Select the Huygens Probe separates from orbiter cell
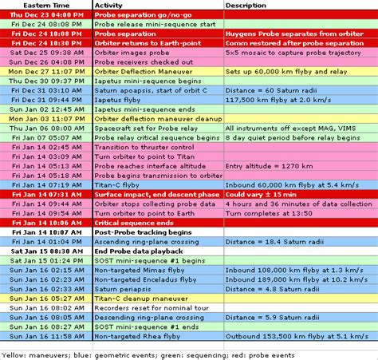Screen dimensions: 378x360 pyautogui.click(x=295, y=34)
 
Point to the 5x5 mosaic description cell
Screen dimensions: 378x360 pyautogui.click(x=294, y=52)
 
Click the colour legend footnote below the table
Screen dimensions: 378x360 pyautogui.click(x=159, y=354)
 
